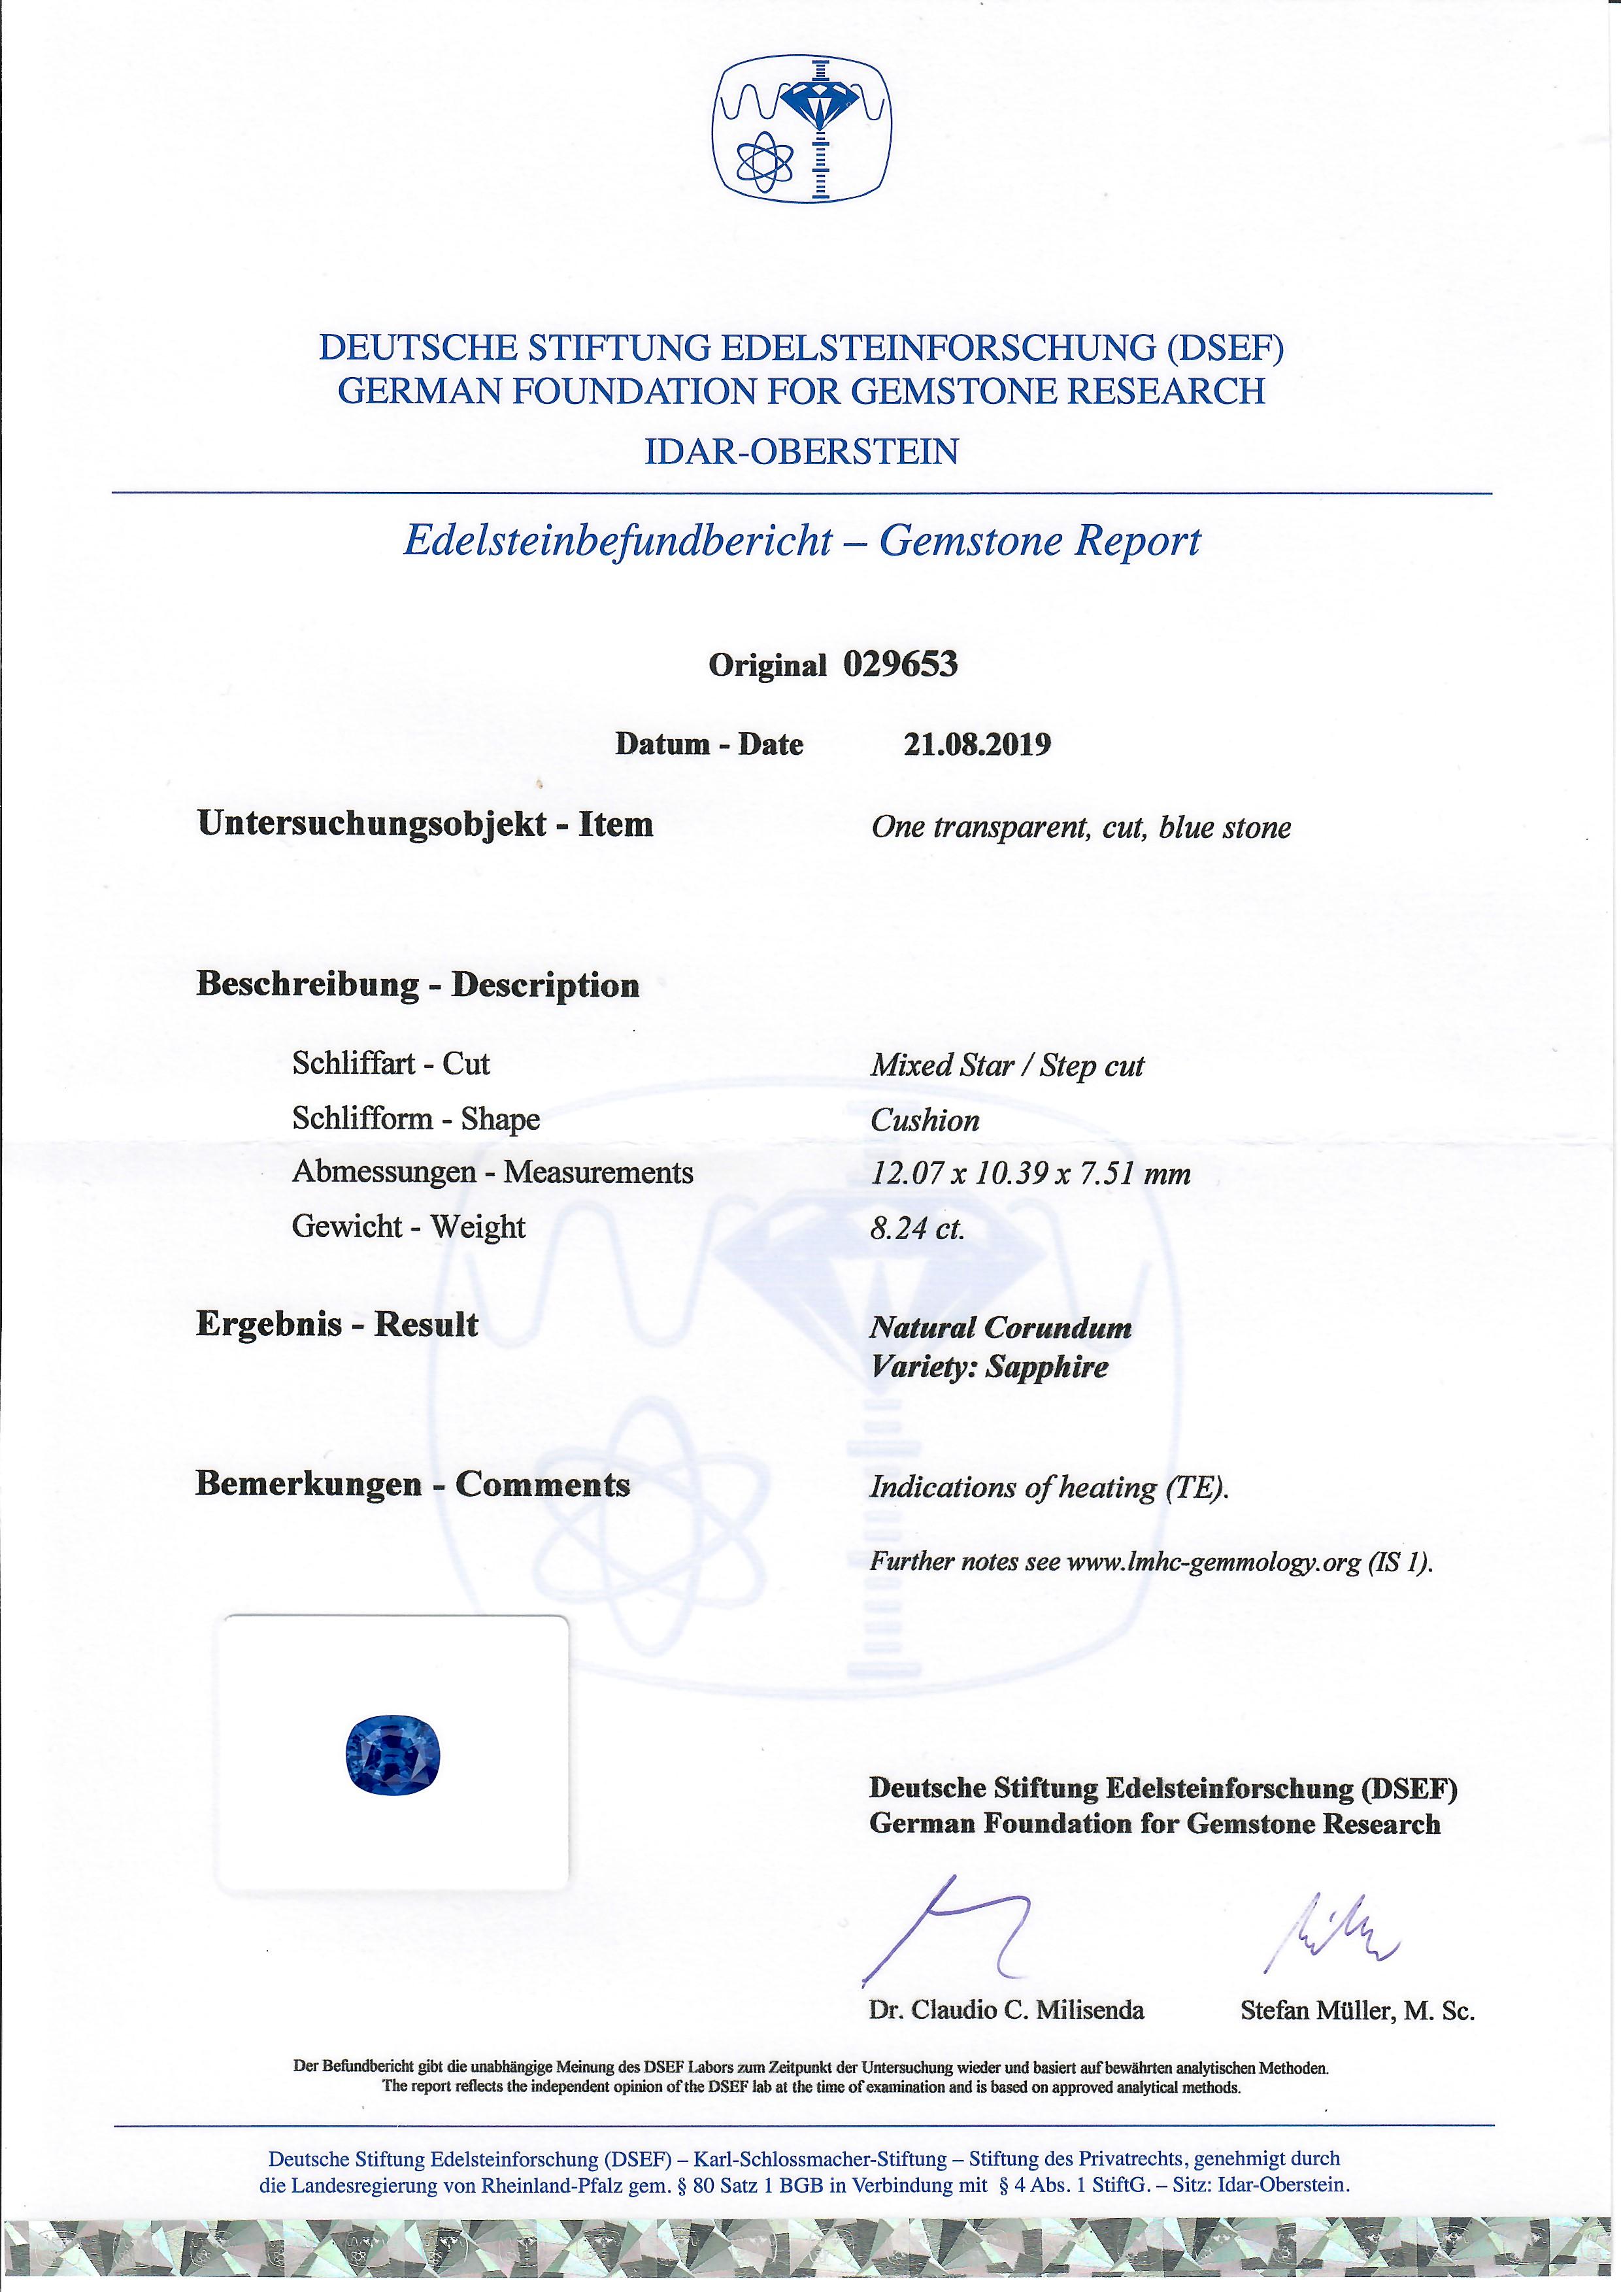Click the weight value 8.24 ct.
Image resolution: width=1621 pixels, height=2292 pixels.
(x=917, y=1228)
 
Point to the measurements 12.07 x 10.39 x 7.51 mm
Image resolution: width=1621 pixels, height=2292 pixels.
(x=1030, y=1173)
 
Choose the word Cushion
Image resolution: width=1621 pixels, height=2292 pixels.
(x=924, y=1120)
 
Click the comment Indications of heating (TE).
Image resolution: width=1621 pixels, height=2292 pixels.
(x=1048, y=1487)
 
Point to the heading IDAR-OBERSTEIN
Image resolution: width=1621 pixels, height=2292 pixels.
(x=801, y=452)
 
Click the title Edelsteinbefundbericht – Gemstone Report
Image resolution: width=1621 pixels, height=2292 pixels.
(x=801, y=541)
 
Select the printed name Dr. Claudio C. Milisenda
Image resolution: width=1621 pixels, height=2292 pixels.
(x=1006, y=2010)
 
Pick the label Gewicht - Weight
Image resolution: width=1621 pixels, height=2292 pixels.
(x=409, y=1227)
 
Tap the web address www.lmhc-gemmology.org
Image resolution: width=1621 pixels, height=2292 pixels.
(x=1214, y=1562)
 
